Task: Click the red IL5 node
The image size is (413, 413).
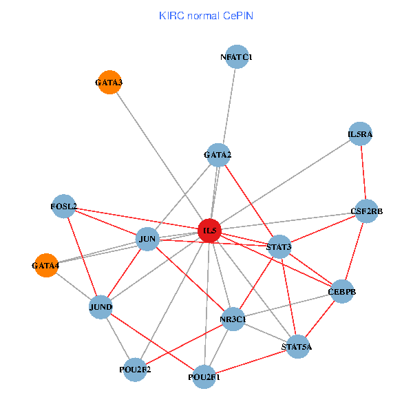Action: [x=209, y=231]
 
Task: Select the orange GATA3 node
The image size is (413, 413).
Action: [x=109, y=83]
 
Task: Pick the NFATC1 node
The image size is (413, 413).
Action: [x=237, y=57]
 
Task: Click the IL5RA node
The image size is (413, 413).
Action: [x=360, y=135]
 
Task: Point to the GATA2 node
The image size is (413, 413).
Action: [x=218, y=155]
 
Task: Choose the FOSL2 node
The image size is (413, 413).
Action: [x=63, y=206]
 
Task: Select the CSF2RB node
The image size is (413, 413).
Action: [x=366, y=211]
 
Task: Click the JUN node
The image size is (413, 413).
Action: [x=147, y=240]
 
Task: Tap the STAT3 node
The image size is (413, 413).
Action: [x=279, y=246]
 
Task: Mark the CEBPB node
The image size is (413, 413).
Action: [x=343, y=291]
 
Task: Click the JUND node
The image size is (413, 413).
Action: [x=100, y=306]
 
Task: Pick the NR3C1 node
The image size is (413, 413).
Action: [x=233, y=319]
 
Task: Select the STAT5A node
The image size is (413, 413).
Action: [x=296, y=347]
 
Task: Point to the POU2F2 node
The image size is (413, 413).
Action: [x=135, y=370]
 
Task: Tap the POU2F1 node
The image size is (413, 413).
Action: [x=204, y=377]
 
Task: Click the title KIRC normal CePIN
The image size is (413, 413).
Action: [x=206, y=15]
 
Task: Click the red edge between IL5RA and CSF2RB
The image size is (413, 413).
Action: [x=363, y=173]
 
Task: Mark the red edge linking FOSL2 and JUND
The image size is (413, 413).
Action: [x=82, y=256]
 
